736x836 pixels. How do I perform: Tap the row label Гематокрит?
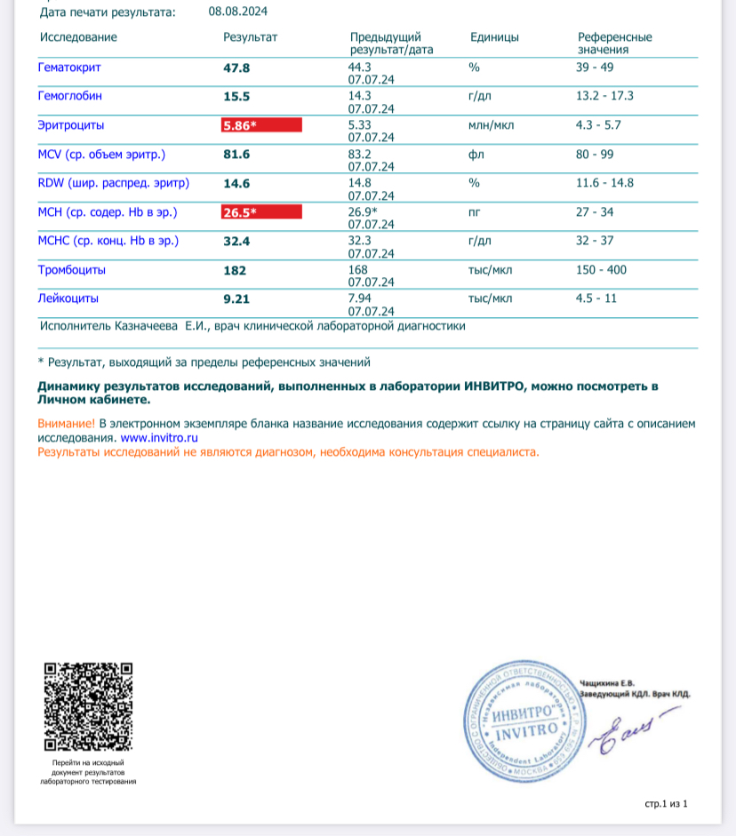tap(68, 68)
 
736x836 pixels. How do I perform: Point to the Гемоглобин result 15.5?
tap(236, 96)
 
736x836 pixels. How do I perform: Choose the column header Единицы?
tap(494, 37)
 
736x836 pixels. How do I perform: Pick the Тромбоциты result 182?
tap(235, 270)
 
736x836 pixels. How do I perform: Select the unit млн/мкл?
tap(491, 125)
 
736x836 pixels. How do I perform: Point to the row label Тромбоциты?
tap(72, 269)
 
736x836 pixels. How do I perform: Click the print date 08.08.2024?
tap(238, 12)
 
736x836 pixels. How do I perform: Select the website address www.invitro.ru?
tap(158, 438)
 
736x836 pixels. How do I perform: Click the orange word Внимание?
tap(66, 424)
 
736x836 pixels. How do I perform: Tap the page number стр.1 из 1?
tap(667, 804)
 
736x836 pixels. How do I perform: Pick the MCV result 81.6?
tap(236, 155)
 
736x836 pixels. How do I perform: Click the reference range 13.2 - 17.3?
tap(604, 96)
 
